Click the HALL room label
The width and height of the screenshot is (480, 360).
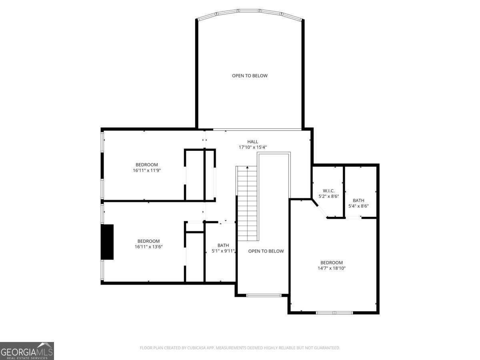coord(252,142)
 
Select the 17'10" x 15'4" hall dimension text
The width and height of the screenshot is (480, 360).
coord(252,147)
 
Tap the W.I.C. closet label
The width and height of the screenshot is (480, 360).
coord(328,191)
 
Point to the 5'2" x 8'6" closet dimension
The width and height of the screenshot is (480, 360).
coord(328,196)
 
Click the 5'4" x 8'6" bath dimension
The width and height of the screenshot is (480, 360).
coord(358,206)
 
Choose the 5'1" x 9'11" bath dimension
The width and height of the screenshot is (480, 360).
coord(223,251)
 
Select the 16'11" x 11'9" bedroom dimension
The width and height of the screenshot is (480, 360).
coord(147,170)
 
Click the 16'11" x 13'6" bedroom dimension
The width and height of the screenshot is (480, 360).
coord(148,247)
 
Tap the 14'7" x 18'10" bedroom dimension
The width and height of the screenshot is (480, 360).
coord(332,268)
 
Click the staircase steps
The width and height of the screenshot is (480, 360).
coord(247,204)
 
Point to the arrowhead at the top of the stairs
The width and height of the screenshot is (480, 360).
coord(247,168)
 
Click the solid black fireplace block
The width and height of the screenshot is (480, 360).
coord(107,242)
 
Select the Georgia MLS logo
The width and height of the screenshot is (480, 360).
coord(27,351)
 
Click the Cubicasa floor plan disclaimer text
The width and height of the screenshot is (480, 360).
coord(240,348)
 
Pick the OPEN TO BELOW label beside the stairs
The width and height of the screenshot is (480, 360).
coord(266,251)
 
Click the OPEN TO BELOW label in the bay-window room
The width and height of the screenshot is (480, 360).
coord(250,76)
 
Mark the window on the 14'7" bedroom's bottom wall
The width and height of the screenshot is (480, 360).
coord(334,313)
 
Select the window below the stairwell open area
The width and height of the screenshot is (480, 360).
coord(264,296)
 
